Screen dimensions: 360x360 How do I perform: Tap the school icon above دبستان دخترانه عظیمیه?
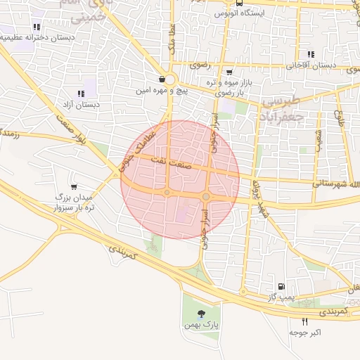click(x=36, y=27)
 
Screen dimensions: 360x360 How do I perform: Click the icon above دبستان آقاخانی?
click(x=311, y=55)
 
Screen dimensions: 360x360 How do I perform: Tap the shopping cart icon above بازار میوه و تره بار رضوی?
click(x=229, y=72)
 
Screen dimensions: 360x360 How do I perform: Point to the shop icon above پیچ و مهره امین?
click(x=162, y=79)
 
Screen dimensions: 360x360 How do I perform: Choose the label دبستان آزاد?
click(x=81, y=105)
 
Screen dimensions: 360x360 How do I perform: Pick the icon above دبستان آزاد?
click(x=81, y=94)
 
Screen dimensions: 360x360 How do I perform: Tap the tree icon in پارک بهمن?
click(x=202, y=313)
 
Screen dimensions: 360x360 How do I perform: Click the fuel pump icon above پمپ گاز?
click(x=281, y=287)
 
